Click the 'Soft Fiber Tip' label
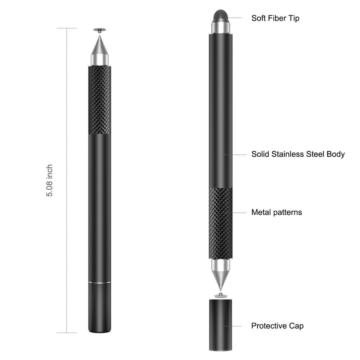click(x=275, y=18)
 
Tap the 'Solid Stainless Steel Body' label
click(x=298, y=154)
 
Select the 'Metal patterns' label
click(x=276, y=212)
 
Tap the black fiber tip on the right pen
click(x=220, y=15)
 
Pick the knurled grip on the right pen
click(x=220, y=223)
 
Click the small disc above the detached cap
click(x=220, y=296)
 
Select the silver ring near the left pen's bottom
click(x=99, y=283)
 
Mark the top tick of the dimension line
click(x=67, y=28)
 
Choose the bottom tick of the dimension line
click(x=67, y=332)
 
